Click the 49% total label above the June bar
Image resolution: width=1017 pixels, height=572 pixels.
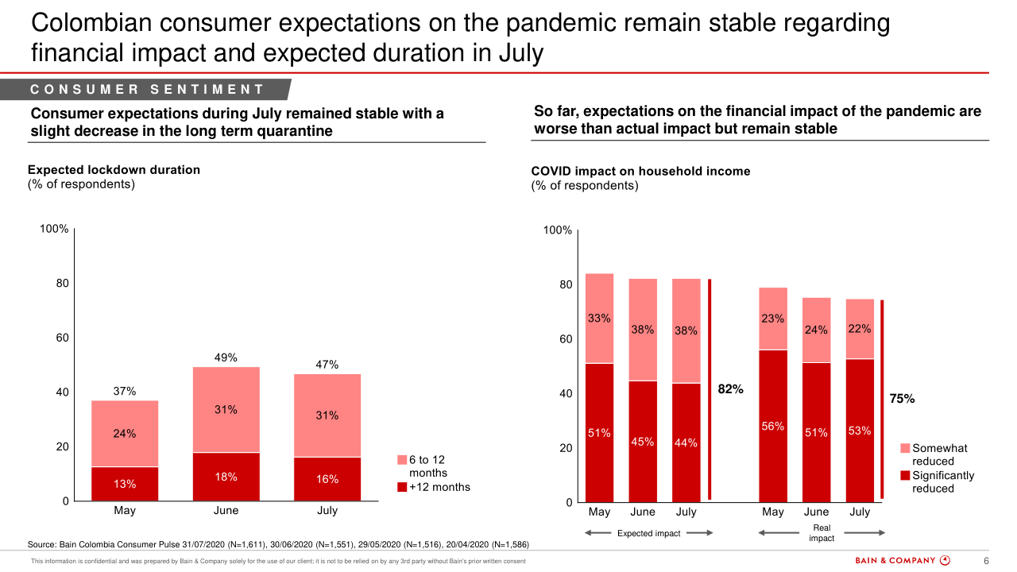[226, 357]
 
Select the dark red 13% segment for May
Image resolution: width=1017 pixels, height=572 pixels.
[125, 484]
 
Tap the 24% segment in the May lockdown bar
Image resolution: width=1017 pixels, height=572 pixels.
[125, 434]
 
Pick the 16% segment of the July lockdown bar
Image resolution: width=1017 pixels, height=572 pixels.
[327, 479]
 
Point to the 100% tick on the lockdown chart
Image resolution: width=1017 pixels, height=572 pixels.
[54, 229]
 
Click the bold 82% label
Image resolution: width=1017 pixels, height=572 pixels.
[730, 389]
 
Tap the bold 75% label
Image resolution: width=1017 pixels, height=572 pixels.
[902, 400]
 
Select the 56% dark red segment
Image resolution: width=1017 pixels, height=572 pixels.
[773, 427]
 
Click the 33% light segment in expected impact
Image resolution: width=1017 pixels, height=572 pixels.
[599, 319]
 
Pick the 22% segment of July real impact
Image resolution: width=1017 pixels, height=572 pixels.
[860, 329]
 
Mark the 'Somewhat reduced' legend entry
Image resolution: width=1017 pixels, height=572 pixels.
[938, 454]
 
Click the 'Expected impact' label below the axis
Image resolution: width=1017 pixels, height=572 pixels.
[649, 533]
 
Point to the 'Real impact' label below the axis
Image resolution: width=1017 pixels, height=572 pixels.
[822, 533]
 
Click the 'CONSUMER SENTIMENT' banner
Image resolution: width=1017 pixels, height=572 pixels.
[147, 90]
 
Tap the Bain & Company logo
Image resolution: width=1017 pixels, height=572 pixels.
[903, 560]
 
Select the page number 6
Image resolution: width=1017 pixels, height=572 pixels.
[986, 560]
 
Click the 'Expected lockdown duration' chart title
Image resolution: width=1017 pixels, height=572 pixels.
[114, 170]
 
